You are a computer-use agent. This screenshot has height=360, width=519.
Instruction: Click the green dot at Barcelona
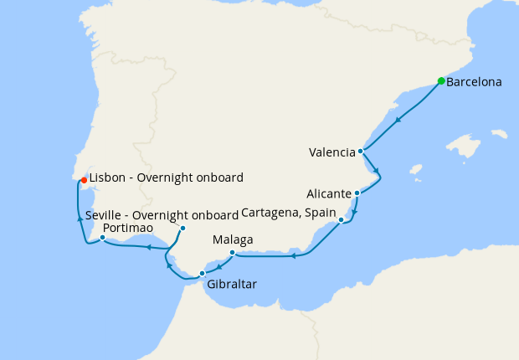[441, 81]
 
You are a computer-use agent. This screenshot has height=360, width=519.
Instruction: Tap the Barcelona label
[474, 83]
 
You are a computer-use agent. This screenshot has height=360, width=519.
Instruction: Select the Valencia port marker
[361, 152]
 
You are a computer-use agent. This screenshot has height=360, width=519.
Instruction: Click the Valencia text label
[331, 152]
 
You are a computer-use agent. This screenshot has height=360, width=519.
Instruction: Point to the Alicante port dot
[357, 193]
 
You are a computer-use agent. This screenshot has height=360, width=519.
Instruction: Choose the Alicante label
[330, 193]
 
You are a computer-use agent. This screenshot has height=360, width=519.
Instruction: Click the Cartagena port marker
[342, 220]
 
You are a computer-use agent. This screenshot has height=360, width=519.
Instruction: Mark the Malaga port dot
[232, 252]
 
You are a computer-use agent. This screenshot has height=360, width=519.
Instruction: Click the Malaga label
[233, 239]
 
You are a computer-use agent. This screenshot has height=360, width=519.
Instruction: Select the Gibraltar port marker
[202, 273]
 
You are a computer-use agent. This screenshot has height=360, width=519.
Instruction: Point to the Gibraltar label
[232, 285]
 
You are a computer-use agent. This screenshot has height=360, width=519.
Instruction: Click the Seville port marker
[182, 229]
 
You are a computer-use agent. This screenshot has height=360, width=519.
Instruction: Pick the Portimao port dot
[102, 238]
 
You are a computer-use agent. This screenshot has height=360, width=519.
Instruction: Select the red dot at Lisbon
[84, 179]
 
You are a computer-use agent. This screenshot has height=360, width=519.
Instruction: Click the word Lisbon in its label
[107, 177]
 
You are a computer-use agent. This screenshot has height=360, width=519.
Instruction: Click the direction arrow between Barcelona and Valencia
[398, 120]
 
